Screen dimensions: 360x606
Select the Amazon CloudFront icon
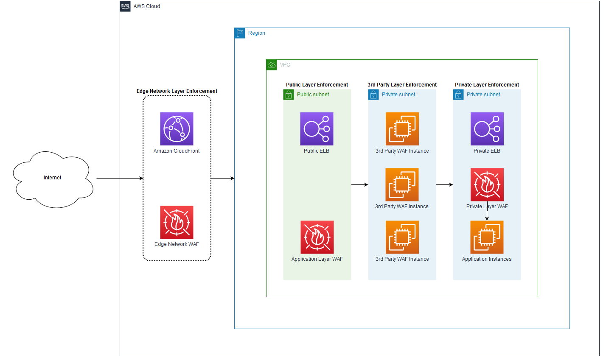coord(177,129)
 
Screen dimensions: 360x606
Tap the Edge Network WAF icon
coord(177,222)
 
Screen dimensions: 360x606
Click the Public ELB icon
coord(317,129)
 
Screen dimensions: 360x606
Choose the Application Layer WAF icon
coord(317,237)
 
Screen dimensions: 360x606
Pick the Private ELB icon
coord(487,129)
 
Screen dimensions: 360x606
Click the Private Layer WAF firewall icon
coord(487,184)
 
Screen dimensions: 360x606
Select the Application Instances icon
coord(487,237)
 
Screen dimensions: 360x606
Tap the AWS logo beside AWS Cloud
coord(125,6)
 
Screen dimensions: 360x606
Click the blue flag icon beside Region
coord(240,33)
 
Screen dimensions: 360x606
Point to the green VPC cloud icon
coord(272,65)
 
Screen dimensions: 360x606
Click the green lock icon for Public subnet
coord(289,95)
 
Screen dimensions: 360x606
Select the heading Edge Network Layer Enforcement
coord(177,91)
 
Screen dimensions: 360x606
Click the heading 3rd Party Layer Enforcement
coord(402,85)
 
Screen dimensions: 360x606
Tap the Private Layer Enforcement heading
coord(487,85)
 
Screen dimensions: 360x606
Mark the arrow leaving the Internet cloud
coord(120,179)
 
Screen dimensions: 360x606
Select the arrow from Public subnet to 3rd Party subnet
coord(359,184)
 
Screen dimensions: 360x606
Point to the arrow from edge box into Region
coord(223,179)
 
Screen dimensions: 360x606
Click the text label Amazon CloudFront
coord(177,151)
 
